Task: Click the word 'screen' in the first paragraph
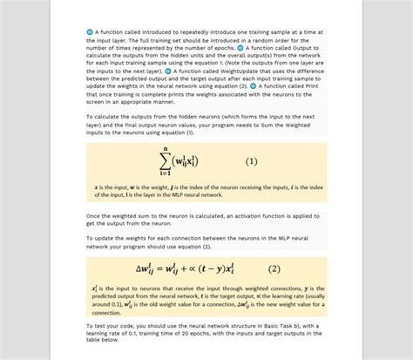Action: tap(97, 101)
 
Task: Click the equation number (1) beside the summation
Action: tap(252, 161)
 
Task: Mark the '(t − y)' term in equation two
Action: tap(222, 268)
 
